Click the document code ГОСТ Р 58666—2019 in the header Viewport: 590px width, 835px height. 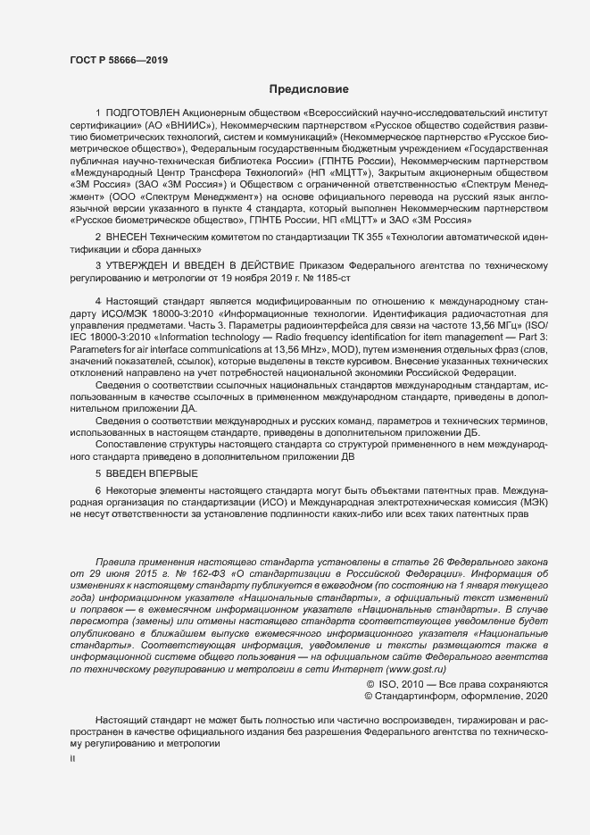click(x=118, y=60)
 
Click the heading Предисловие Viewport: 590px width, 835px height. click(x=303, y=89)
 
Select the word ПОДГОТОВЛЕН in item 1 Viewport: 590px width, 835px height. click(x=143, y=114)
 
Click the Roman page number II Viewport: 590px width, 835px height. click(x=72, y=758)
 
